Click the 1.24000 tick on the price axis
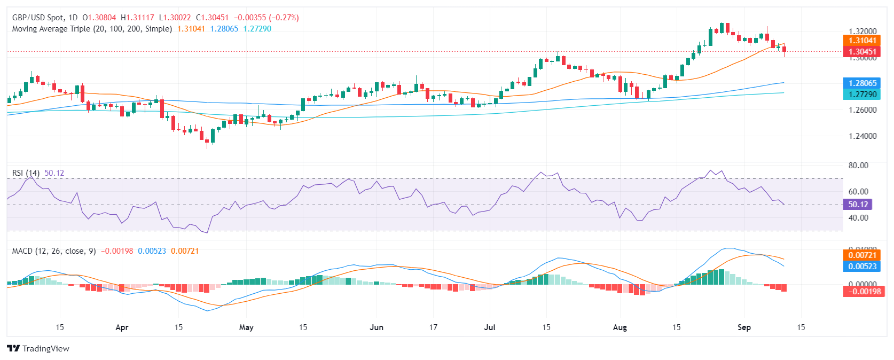tap(862, 136)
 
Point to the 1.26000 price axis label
tap(862, 110)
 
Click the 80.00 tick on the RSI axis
tap(858, 166)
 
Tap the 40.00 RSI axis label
tap(858, 218)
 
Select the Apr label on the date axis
tap(122, 327)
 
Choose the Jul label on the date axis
tap(489, 327)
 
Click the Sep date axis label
tap(744, 327)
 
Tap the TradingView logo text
tap(45, 349)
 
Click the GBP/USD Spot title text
tap(37, 18)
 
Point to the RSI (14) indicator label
tap(26, 173)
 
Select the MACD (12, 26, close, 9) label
tap(54, 251)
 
